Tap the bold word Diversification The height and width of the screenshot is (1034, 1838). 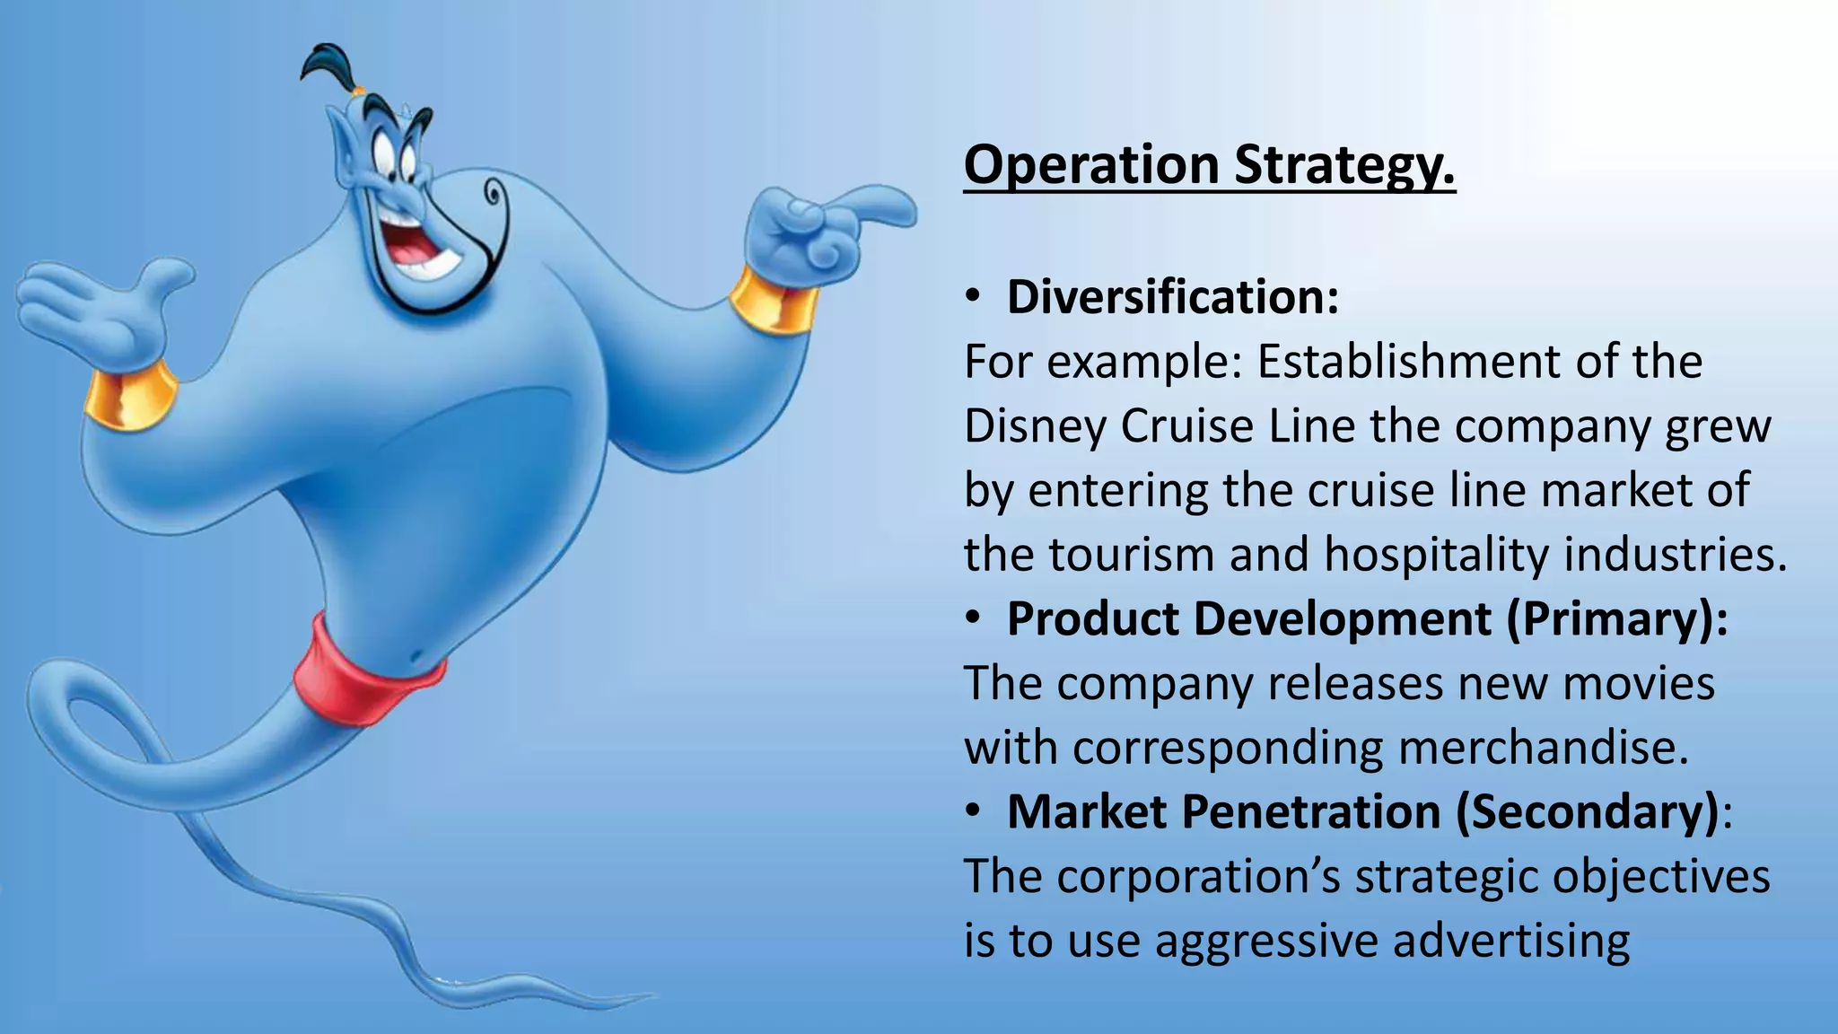pos(1171,297)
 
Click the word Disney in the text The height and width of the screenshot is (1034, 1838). pos(1035,426)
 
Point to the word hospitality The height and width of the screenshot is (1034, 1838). pos(1435,555)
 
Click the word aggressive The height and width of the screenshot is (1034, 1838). pos(1265,942)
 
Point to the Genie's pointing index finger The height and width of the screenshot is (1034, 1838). pos(875,207)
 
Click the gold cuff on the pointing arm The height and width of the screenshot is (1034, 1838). pos(774,298)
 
